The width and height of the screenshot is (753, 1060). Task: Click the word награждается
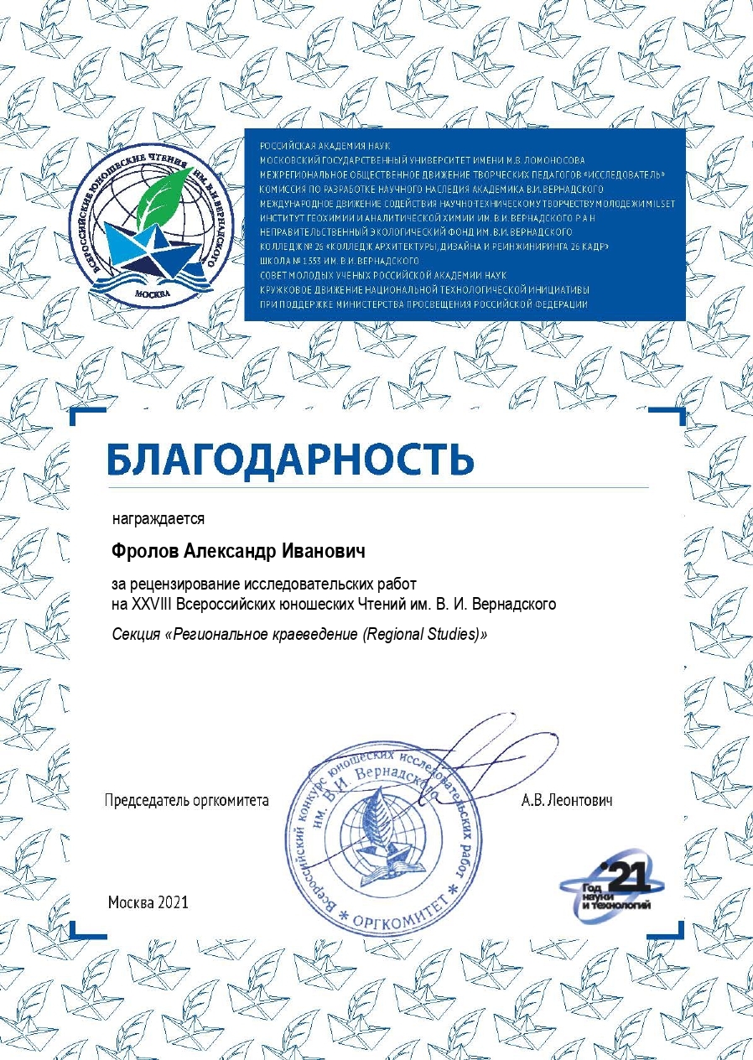click(158, 519)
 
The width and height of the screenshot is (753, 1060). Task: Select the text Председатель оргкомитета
click(186, 800)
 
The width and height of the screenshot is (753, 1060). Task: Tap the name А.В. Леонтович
click(567, 800)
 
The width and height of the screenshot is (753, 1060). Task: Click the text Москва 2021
click(148, 902)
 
